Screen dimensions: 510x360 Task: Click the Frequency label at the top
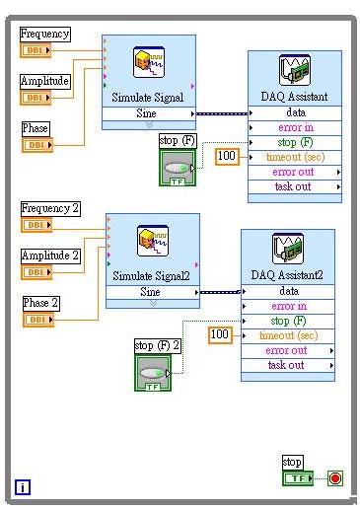pyautogui.click(x=45, y=35)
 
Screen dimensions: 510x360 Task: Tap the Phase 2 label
pyautogui.click(x=41, y=303)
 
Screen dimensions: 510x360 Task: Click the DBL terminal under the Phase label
pyautogui.click(x=36, y=146)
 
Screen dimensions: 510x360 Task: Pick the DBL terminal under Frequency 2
pyautogui.click(x=36, y=225)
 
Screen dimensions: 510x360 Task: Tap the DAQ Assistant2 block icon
pyautogui.click(x=287, y=250)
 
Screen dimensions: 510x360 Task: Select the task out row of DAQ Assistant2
pyautogui.click(x=287, y=365)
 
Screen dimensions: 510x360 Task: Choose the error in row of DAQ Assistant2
pyautogui.click(x=287, y=306)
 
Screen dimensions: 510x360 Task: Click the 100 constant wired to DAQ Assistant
pyautogui.click(x=227, y=156)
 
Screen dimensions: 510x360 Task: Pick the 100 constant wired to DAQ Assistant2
pyautogui.click(x=220, y=335)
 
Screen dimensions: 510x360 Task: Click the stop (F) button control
pyautogui.click(x=178, y=168)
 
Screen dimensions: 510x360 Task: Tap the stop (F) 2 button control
pyautogui.click(x=153, y=374)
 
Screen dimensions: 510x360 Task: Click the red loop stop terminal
pyautogui.click(x=334, y=478)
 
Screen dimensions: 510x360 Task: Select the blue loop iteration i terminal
pyautogui.click(x=22, y=485)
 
